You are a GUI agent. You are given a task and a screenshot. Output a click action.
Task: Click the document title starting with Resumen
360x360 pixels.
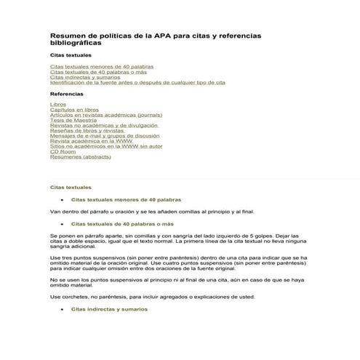155,39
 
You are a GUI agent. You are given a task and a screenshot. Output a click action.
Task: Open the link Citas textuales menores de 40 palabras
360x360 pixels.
96,66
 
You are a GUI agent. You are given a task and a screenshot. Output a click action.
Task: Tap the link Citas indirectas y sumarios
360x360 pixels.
84,77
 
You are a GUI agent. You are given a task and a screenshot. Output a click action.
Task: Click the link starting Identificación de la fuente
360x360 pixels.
137,83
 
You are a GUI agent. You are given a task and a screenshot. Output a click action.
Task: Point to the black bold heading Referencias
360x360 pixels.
66,94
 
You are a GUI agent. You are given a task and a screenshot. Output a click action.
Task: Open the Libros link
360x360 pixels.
57,105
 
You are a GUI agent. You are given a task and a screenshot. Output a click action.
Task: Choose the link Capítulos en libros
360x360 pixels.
74,110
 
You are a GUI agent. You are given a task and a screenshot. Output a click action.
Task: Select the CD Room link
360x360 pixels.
63,151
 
